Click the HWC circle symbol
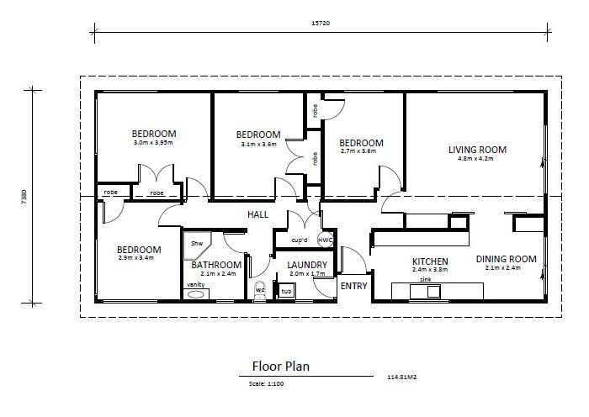pyautogui.click(x=326, y=240)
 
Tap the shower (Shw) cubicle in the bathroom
pyautogui.click(x=195, y=245)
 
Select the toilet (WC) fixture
pyautogui.click(x=260, y=291)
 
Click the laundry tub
pyautogui.click(x=286, y=291)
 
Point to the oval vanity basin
pyautogui.click(x=195, y=294)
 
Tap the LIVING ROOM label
pyautogui.click(x=477, y=150)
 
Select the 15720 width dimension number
pyautogui.click(x=321, y=24)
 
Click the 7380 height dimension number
pyautogui.click(x=24, y=197)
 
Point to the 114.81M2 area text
pyautogui.click(x=402, y=377)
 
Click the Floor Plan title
pyautogui.click(x=281, y=366)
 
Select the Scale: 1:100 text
pyautogui.click(x=266, y=383)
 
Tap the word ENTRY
pyautogui.click(x=354, y=286)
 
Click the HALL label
pyautogui.click(x=257, y=214)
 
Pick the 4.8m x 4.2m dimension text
pyautogui.click(x=475, y=158)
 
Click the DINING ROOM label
pyautogui.click(x=506, y=259)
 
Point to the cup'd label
pyautogui.click(x=300, y=240)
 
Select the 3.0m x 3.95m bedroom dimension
pyautogui.click(x=153, y=143)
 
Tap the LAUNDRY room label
pyautogui.click(x=307, y=265)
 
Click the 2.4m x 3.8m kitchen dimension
pyautogui.click(x=430, y=270)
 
